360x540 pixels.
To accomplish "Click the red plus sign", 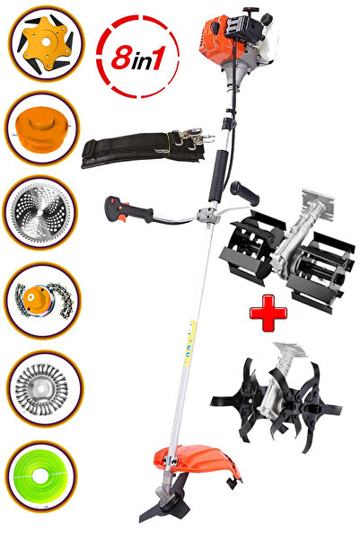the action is pos(268,313).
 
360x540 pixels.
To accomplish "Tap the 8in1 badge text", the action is pos(137,57).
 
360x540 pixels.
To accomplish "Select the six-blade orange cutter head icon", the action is pos(46,44).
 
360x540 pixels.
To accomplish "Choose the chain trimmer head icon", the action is pos(44,299).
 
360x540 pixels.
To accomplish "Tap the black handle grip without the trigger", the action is pos(245,193).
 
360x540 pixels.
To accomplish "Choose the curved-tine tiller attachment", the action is pos(277,397).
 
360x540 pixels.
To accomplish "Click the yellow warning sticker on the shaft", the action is pos(189,343).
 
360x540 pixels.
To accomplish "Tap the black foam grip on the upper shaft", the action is pos(218,176).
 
